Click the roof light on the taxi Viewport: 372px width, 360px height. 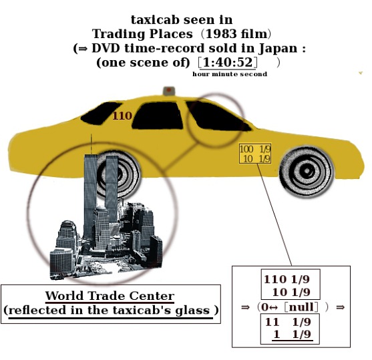pyautogui.click(x=169, y=91)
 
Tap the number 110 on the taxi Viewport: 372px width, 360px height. pyautogui.click(x=122, y=116)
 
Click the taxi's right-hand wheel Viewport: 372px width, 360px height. pyautogui.click(x=307, y=172)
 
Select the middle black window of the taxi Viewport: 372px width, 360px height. pyautogui.click(x=158, y=116)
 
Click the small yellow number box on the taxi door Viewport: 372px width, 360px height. pyautogui.click(x=255, y=154)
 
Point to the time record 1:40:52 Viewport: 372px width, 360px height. pyautogui.click(x=228, y=62)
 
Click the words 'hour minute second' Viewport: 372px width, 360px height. pyautogui.click(x=230, y=74)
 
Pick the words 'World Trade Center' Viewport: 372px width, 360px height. pyautogui.click(x=110, y=296)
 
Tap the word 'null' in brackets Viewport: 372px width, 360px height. pyautogui.click(x=301, y=307)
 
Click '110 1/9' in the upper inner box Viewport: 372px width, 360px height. pyautogui.click(x=287, y=279)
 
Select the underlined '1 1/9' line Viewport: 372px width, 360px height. pyautogui.click(x=293, y=335)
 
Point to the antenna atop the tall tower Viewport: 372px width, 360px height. pyautogui.click(x=91, y=144)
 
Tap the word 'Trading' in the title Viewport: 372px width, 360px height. pyautogui.click(x=118, y=34)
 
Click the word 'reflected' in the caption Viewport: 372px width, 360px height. pyautogui.click(x=37, y=311)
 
